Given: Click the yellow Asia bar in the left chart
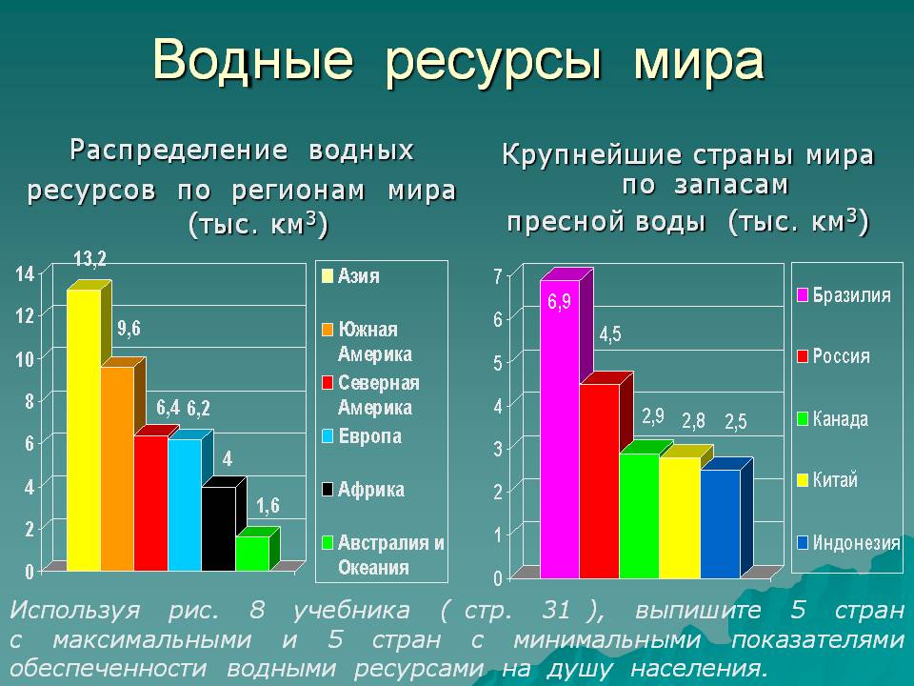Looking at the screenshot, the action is (84, 430).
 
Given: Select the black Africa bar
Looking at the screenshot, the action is (219, 529).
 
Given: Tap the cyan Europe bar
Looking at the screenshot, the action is (185, 505).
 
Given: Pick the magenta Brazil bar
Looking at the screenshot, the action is (560, 430).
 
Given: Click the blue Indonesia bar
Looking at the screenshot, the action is (721, 524).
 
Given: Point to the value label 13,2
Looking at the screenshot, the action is (89, 258).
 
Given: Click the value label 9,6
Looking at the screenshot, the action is (129, 329).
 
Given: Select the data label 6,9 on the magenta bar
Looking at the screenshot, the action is (560, 302).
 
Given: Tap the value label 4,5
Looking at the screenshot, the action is (610, 334).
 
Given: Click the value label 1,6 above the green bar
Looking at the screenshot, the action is (268, 506).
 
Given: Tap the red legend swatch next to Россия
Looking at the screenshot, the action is (803, 355).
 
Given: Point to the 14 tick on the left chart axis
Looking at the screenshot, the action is (25, 273).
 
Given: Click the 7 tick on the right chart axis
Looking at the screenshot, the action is (497, 276).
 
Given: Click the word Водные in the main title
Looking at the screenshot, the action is (253, 59).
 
